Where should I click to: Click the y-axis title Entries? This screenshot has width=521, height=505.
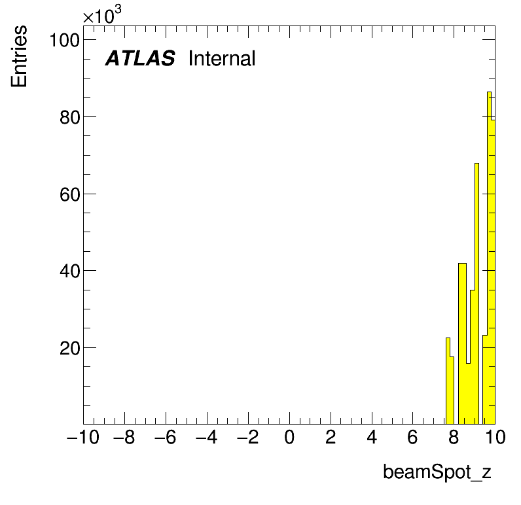tap(19, 56)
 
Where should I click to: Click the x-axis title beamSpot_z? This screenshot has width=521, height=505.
tap(437, 472)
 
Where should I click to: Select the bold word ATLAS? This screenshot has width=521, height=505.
tap(140, 58)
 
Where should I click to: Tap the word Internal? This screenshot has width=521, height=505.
tap(222, 58)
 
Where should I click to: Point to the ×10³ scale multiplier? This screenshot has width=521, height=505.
tap(102, 14)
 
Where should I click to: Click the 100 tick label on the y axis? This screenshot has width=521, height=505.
tap(64, 40)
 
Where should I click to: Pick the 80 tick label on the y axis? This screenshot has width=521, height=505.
tap(70, 117)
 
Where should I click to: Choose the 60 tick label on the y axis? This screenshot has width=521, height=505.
tap(70, 194)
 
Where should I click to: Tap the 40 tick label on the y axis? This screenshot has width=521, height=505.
tap(70, 271)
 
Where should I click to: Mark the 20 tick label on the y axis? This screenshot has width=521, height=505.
tap(70, 348)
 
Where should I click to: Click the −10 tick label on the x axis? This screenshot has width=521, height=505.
tap(83, 437)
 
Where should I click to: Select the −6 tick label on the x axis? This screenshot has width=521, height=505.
tap(165, 437)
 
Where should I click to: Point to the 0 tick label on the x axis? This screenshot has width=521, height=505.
tap(289, 437)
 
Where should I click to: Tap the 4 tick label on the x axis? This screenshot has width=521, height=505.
tap(372, 437)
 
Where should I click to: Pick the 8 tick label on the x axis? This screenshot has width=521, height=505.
tap(454, 437)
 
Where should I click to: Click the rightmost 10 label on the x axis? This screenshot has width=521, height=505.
tap(495, 437)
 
